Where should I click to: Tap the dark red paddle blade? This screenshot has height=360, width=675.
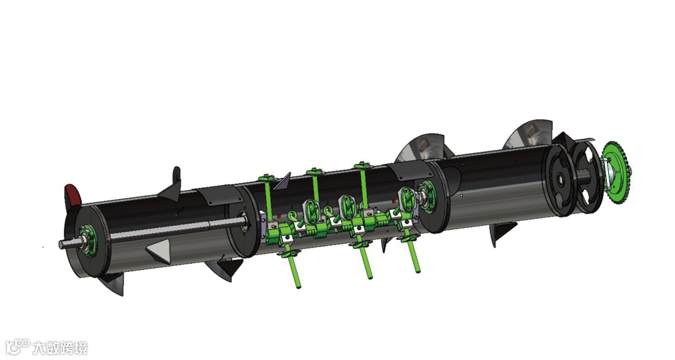click(x=72, y=196)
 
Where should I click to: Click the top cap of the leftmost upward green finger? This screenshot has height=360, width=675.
click(x=266, y=177)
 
